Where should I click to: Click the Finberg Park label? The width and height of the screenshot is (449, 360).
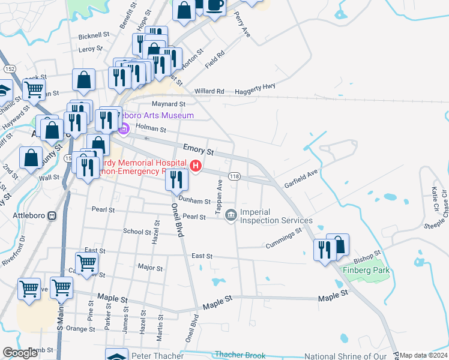pyautogui.click(x=366, y=270)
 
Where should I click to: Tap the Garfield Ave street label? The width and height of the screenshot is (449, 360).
pyautogui.click(x=301, y=178)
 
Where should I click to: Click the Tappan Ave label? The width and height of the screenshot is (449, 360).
pyautogui.click(x=220, y=194)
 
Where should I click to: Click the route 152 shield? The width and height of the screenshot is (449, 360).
pyautogui.click(x=10, y=69)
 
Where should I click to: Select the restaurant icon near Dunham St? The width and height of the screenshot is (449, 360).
pyautogui.click(x=177, y=178)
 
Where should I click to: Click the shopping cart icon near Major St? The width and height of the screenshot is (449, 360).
pyautogui.click(x=87, y=262)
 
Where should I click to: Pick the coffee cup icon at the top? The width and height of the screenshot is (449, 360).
pyautogui.click(x=214, y=5)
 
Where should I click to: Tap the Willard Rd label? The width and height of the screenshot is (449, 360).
pyautogui.click(x=209, y=91)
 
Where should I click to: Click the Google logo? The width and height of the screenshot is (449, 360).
pyautogui.click(x=20, y=353)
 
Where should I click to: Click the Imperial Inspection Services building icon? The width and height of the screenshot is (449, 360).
pyautogui.click(x=231, y=215)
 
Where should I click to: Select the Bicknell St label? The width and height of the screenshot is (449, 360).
pyautogui.click(x=92, y=36)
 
